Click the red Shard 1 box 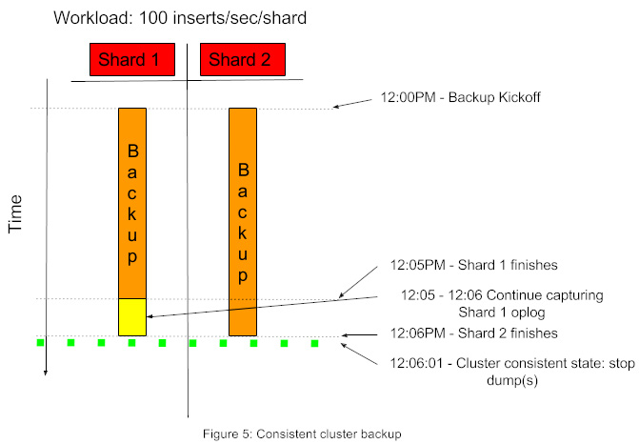132,60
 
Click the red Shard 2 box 239,60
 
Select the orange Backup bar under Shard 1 132,202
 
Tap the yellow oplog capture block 132,316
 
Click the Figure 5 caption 302,434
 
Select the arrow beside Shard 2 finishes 362,334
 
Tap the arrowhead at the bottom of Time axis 45,373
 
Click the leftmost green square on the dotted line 40,342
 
